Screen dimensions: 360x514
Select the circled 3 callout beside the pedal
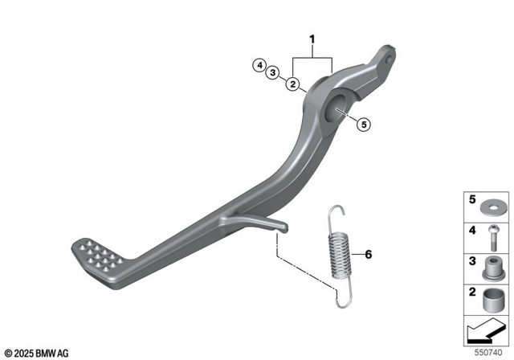click(274, 73)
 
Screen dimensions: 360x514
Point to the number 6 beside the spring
click(369, 255)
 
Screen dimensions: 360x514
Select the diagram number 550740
click(489, 351)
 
